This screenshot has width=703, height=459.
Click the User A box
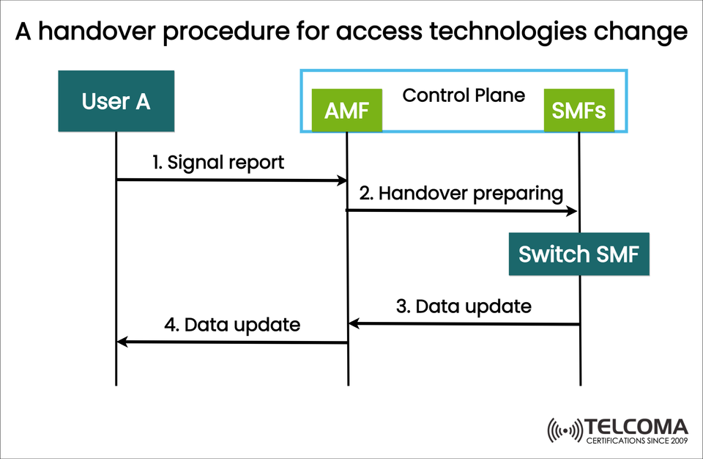[x=116, y=101]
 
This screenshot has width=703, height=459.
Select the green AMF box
[x=347, y=111]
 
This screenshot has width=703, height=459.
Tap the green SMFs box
[x=579, y=111]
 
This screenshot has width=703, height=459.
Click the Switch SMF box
[x=579, y=254]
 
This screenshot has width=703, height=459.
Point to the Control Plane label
[x=464, y=95]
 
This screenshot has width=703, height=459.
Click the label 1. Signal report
[x=218, y=163]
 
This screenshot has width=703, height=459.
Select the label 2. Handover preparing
[x=461, y=194]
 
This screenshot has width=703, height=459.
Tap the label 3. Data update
[x=464, y=306]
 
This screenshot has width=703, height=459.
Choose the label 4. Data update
[x=232, y=324]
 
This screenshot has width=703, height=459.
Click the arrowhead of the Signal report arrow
[x=342, y=180]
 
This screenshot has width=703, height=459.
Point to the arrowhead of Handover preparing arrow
[x=573, y=211]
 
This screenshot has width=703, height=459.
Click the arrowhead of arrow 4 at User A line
[x=122, y=342]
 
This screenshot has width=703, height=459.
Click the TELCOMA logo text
[x=636, y=427]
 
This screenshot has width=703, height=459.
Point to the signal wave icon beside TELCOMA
[x=565, y=431]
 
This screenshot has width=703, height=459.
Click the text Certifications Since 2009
[x=636, y=441]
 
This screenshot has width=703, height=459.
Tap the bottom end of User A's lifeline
[x=116, y=384]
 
